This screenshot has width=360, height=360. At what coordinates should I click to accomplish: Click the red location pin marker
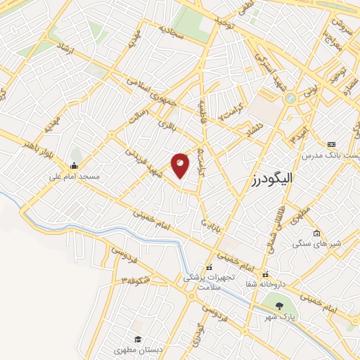pos(180,165)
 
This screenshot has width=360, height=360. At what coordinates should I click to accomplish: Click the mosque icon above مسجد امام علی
pos(74,166)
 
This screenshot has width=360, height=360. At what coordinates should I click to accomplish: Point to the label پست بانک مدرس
pos(330,154)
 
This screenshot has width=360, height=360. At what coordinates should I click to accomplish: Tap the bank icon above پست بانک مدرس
pos(332,144)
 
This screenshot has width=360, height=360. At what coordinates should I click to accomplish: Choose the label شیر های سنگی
pos(316,243)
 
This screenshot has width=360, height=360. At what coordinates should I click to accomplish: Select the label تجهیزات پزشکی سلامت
pos(208,283)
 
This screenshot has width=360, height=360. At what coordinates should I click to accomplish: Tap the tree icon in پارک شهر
pos(280,306)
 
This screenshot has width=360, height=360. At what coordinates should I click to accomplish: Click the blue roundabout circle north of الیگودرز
pos(290,99)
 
